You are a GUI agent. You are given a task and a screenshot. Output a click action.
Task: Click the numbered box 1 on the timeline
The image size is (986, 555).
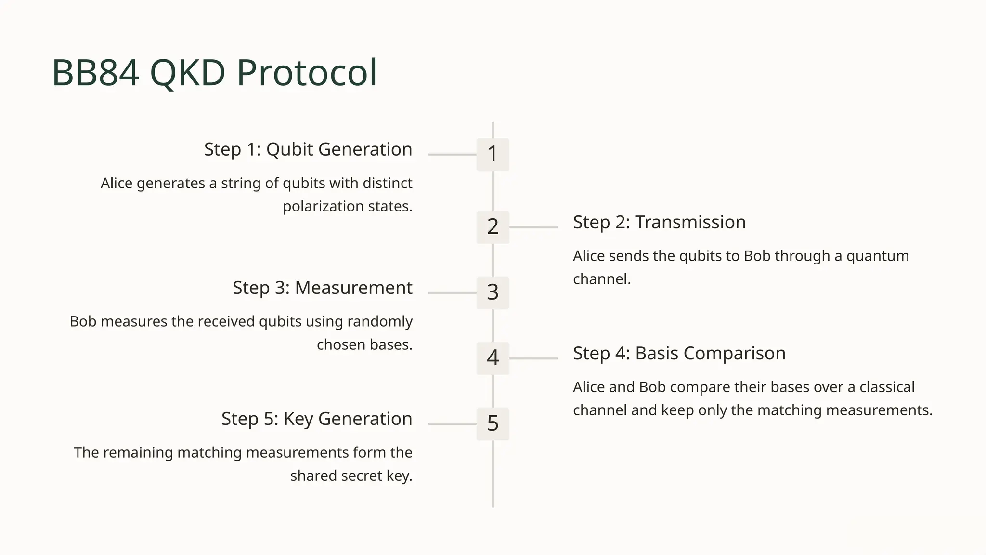(493, 154)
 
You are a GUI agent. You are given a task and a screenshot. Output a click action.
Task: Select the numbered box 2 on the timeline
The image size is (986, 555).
(493, 227)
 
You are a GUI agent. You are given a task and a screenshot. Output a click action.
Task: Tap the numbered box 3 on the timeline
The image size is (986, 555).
(493, 292)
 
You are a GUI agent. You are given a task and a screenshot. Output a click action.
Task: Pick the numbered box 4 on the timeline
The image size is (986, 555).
(493, 358)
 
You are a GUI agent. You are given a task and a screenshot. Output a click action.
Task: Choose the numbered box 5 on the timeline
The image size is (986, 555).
(493, 423)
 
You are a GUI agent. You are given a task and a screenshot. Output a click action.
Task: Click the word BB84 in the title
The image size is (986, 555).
(95, 73)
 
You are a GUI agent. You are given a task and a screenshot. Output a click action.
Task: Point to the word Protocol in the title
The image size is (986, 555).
(307, 73)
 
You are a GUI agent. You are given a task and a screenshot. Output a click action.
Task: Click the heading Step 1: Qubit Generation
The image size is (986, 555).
(308, 149)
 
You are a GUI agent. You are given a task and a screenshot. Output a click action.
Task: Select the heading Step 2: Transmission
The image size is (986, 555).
(659, 222)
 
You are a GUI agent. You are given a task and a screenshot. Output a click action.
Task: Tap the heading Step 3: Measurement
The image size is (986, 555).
(323, 288)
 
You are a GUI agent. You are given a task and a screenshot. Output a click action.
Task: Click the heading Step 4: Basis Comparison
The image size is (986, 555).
(679, 353)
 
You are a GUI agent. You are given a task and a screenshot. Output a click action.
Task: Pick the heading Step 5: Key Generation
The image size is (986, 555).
(317, 419)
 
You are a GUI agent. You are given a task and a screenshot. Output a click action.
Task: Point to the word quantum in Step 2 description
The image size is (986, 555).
(877, 256)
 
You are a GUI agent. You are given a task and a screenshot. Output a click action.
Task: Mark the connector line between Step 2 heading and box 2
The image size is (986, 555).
(533, 227)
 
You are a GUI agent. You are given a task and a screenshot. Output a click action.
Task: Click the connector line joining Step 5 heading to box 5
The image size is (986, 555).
(452, 424)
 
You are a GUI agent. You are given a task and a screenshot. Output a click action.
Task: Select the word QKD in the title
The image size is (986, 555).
(188, 73)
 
